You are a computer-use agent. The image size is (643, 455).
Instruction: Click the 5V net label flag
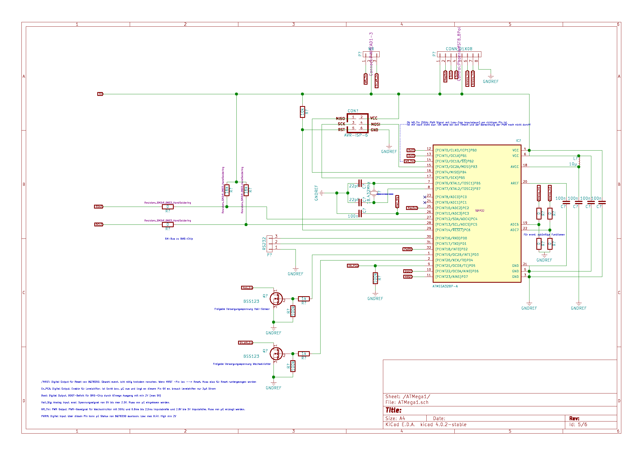click(x=100, y=94)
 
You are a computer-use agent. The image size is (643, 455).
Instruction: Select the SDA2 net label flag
click(x=99, y=207)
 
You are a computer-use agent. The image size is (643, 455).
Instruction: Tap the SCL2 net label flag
click(x=99, y=224)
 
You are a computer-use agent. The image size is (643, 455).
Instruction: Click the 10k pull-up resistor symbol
click(x=302, y=112)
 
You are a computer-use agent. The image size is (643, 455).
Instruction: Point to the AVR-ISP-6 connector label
click(x=356, y=135)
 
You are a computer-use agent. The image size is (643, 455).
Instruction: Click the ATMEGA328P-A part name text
click(x=445, y=286)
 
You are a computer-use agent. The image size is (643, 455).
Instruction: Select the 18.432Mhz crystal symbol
click(x=374, y=193)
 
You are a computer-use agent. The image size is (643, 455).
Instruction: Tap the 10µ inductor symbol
click(x=579, y=161)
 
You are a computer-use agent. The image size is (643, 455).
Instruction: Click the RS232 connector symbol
click(x=269, y=243)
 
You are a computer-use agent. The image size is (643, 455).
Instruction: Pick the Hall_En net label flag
click(x=247, y=288)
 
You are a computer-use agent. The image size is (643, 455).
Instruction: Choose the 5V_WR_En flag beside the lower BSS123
click(x=245, y=343)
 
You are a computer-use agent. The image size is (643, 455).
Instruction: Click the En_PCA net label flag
click(x=353, y=266)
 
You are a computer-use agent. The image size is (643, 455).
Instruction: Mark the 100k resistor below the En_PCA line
click(x=375, y=278)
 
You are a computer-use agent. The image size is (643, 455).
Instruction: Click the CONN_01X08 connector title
click(x=459, y=49)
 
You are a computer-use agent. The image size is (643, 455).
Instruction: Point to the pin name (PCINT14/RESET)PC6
click(x=453, y=230)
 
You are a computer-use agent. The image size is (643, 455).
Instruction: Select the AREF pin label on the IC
click(x=515, y=183)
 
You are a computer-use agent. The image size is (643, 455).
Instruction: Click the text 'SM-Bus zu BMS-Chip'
click(x=179, y=239)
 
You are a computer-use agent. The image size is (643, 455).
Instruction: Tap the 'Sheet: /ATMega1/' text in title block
click(x=408, y=396)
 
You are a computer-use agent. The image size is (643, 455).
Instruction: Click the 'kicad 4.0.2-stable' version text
click(x=443, y=425)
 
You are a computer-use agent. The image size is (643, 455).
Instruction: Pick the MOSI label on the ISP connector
click(x=375, y=124)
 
